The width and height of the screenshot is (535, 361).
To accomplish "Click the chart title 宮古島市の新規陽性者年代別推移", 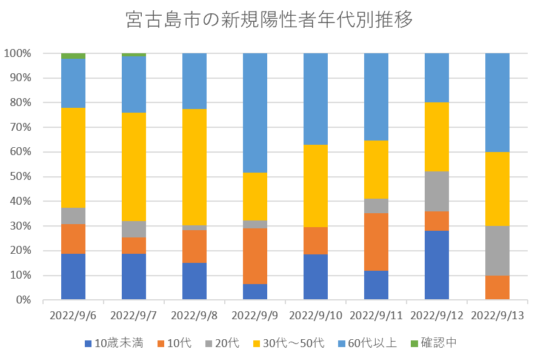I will pos(270,20).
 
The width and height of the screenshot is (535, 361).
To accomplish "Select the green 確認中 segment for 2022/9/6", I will pos(73,56).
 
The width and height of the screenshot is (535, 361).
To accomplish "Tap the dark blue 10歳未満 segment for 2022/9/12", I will pos(437,265).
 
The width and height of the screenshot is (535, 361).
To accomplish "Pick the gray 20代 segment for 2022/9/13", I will pos(497,251).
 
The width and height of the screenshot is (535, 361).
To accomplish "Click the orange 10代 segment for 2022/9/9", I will pos(255,256).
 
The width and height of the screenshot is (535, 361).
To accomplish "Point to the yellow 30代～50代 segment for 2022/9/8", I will pos(194,167).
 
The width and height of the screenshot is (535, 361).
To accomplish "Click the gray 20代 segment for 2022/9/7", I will pos(134,229).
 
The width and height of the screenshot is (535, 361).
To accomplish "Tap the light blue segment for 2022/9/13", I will pos(497,102).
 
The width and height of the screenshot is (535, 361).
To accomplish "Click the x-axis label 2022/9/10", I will pos(316,315).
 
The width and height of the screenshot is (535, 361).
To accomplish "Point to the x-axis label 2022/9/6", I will pos(73,315).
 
